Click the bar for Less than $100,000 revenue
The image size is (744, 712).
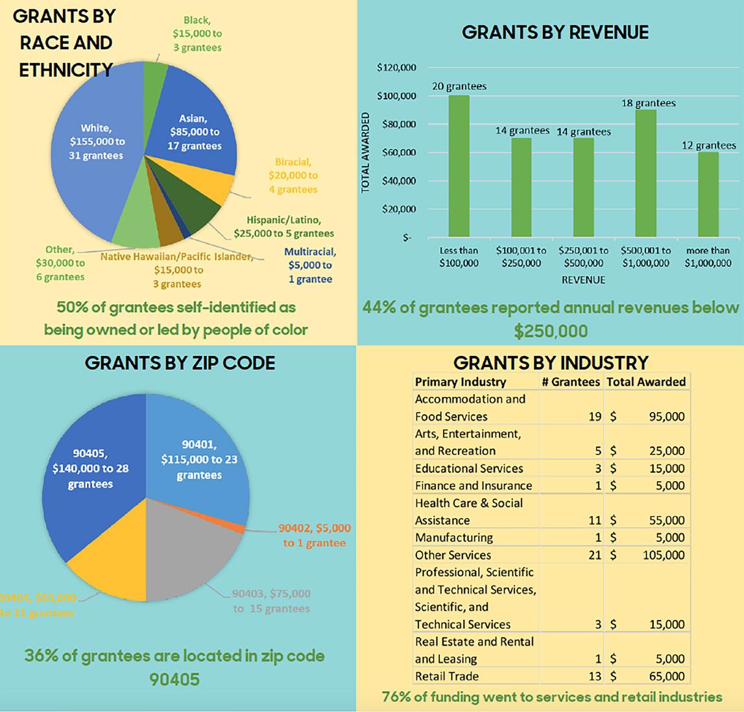(459, 167)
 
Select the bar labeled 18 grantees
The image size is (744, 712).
(645, 173)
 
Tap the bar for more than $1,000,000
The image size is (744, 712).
(708, 194)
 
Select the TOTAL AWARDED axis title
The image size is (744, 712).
(365, 153)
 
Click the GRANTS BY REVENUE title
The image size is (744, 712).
(555, 32)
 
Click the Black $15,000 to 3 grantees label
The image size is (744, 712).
(197, 34)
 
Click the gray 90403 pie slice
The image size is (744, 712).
(188, 558)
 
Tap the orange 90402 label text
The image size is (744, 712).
(314, 536)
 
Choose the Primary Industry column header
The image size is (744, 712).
(461, 381)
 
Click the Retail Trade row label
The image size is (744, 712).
(447, 676)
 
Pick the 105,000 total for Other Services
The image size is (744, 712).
(666, 555)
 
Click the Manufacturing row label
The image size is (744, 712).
(453, 538)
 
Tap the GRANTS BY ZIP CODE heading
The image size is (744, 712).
(180, 362)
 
